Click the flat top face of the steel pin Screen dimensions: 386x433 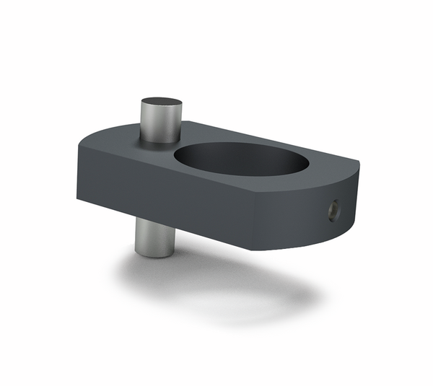pyautogui.click(x=160, y=103)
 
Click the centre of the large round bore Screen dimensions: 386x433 pyautogui.click(x=241, y=159)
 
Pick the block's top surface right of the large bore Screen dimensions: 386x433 pyautogui.click(x=328, y=163)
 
